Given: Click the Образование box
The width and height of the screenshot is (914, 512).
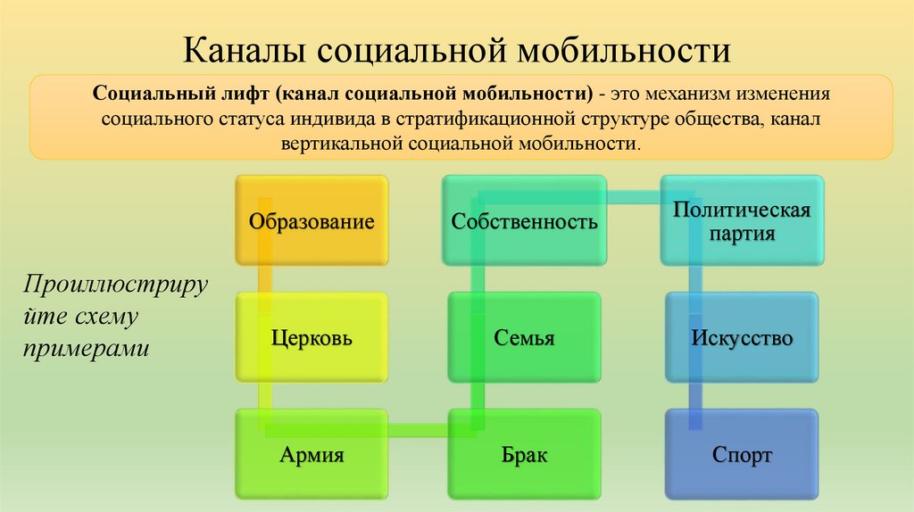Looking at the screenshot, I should pyautogui.click(x=312, y=220).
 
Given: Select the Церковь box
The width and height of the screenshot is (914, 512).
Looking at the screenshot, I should pyautogui.click(x=312, y=338).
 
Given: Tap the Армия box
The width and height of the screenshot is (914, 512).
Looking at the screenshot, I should pyautogui.click(x=312, y=455).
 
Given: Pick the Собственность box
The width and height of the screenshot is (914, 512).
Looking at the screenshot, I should pyautogui.click(x=523, y=220).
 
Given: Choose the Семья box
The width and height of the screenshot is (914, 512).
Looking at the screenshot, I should pyautogui.click(x=523, y=338).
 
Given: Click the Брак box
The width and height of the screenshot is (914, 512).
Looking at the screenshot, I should pyautogui.click(x=523, y=455).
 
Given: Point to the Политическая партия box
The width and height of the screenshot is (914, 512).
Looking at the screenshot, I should pyautogui.click(x=741, y=220).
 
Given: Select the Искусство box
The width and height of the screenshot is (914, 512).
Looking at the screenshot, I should pyautogui.click(x=741, y=338).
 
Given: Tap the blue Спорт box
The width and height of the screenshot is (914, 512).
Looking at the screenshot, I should pyautogui.click(x=741, y=455).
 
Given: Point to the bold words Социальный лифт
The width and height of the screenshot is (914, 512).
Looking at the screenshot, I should pyautogui.click(x=183, y=94).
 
